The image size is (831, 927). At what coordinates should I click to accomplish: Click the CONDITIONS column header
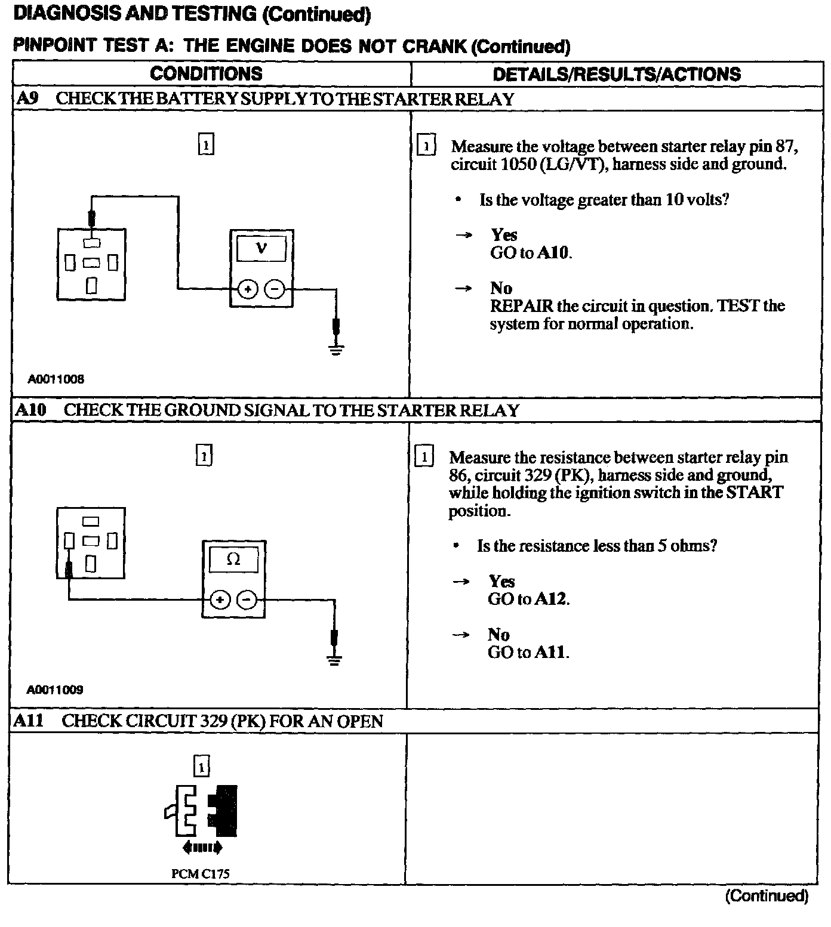pos(206,73)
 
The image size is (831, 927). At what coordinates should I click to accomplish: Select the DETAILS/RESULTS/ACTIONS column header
pos(617,74)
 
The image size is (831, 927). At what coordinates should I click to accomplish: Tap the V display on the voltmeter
pos(261,249)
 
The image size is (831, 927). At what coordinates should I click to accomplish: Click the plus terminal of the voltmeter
pos(247,289)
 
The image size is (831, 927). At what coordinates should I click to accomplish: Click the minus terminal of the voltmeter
pos(274,289)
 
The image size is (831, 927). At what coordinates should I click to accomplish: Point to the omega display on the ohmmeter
pos(233,560)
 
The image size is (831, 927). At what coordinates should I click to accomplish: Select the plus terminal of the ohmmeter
pos(220,600)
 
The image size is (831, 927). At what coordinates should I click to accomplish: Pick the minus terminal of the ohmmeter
pos(247,600)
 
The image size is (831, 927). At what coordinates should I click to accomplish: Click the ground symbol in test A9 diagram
pos(336,349)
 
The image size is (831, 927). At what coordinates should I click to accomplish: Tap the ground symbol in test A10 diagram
pos(334,659)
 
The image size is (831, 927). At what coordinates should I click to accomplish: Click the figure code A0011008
pos(56,379)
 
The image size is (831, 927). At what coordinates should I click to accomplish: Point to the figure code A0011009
pos(55,690)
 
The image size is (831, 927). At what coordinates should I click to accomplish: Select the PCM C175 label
pos(200,874)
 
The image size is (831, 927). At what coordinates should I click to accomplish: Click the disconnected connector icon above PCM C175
pos(201,811)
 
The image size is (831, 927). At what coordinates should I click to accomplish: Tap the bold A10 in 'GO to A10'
pos(553,253)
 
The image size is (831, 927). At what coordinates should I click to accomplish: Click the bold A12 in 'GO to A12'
pos(550,599)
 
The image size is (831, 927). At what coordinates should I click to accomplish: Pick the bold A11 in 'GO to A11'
pos(550,652)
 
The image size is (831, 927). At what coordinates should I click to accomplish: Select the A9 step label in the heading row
pos(27,98)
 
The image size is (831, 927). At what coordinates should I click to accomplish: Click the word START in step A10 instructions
pos(754,493)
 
